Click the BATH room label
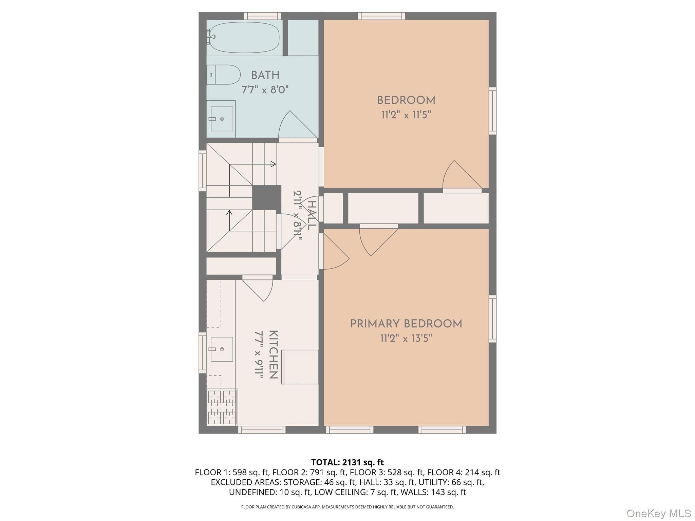pyautogui.click(x=265, y=75)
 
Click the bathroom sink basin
pyautogui.click(x=222, y=119)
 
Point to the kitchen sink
pyautogui.click(x=222, y=349)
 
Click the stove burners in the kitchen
pyautogui.click(x=222, y=407)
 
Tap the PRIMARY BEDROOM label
pyautogui.click(x=406, y=324)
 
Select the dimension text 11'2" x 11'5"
pyautogui.click(x=406, y=115)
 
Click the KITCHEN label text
pyautogui.click(x=274, y=354)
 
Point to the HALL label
pyautogui.click(x=312, y=215)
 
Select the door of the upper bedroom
pyautogui.click(x=462, y=174)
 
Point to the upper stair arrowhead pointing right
pyautogui.click(x=273, y=164)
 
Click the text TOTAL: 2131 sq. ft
pyautogui.click(x=347, y=462)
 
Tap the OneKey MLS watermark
pyautogui.click(x=659, y=513)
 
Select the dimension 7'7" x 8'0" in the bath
pyautogui.click(x=265, y=90)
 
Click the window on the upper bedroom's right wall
pyautogui.click(x=492, y=111)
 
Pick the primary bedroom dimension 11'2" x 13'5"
pyautogui.click(x=406, y=339)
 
